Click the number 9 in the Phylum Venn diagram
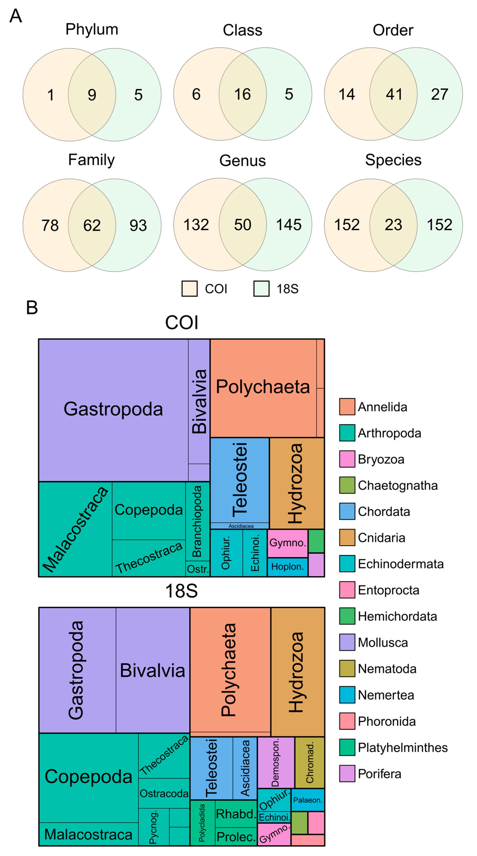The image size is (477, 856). [92, 95]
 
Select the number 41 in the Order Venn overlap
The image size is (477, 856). [394, 94]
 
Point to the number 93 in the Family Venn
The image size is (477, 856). [138, 226]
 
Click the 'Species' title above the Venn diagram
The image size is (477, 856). [393, 160]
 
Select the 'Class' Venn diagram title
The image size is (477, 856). [242, 30]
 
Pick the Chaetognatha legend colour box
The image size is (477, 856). [347, 485]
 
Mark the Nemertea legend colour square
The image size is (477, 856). [347, 695]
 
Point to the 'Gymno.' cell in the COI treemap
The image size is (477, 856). [287, 543]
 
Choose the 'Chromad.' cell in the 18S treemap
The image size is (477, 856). [309, 763]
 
